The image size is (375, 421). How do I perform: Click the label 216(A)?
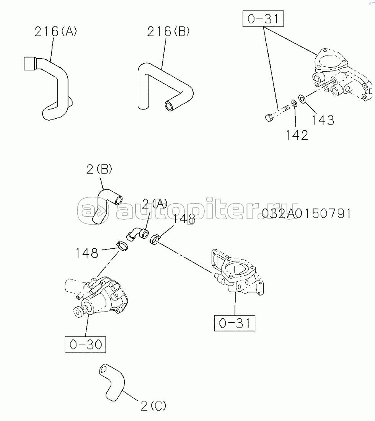(55, 31)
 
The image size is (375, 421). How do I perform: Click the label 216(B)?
(168, 31)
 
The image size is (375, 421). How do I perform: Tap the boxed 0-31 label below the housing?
(234, 323)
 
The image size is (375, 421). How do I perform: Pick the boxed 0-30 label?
(85, 345)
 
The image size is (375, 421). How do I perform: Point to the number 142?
(296, 135)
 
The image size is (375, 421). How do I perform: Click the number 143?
(323, 120)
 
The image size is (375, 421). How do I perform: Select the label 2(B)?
(99, 169)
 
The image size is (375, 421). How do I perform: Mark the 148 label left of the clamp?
(86, 253)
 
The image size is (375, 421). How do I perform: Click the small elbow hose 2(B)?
(107, 205)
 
